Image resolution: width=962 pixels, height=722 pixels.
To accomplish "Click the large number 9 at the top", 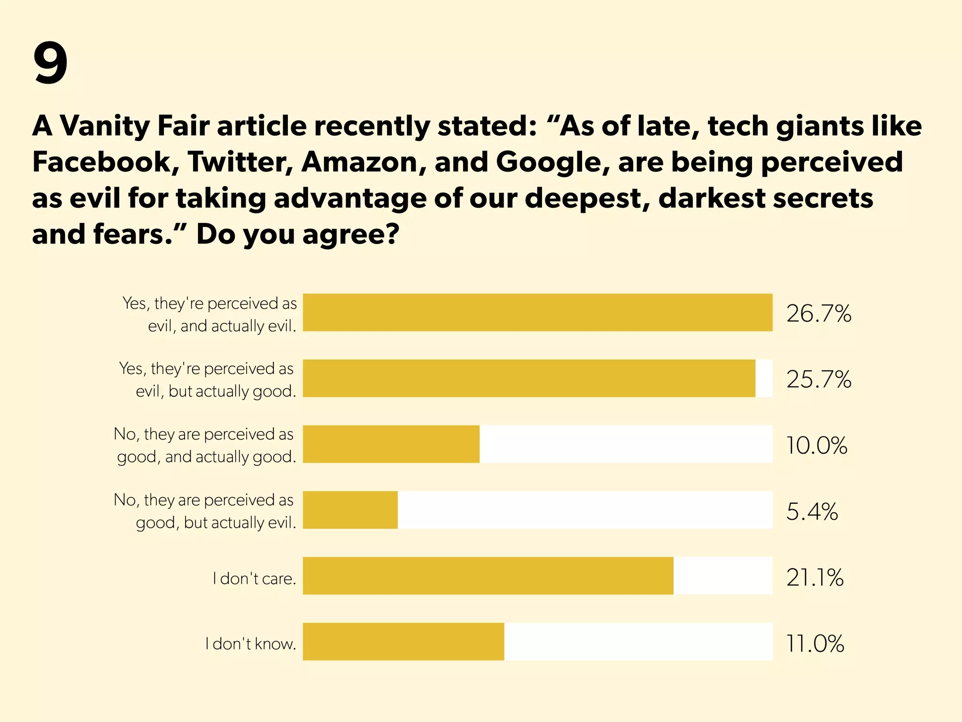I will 51,63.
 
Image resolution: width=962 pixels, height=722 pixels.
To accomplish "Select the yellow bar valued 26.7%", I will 537,313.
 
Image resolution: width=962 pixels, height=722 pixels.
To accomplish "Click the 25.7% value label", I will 819,379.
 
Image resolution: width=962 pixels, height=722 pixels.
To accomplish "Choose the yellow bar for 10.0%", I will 391,444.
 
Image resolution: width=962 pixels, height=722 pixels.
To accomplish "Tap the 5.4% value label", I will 812,511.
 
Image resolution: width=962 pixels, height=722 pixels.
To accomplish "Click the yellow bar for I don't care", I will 488,576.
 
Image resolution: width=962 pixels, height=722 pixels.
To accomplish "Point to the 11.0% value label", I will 815,644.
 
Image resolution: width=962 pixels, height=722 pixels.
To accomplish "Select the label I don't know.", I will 251,644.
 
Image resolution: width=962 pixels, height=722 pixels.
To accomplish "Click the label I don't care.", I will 255,578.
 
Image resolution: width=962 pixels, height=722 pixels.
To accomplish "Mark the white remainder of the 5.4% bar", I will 585,510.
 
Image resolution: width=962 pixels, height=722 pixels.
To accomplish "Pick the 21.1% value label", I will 815,577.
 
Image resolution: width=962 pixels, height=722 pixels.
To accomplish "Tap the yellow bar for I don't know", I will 403,642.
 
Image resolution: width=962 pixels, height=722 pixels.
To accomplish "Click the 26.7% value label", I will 819,313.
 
